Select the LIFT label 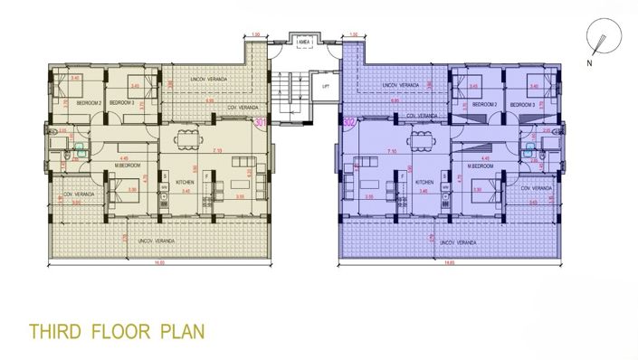pyautogui.click(x=325, y=87)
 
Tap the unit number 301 pyautogui.click(x=262, y=121)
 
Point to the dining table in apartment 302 pyautogui.click(x=420, y=139)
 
